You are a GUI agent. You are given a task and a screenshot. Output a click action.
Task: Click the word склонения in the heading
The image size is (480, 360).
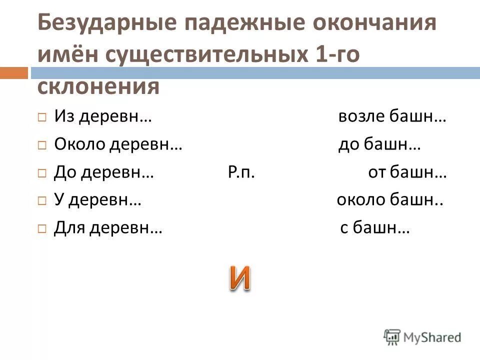point(98,86)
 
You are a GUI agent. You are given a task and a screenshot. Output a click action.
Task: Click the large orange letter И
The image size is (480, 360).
point(240,278)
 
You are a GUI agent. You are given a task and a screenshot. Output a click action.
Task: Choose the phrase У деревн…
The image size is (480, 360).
point(97,200)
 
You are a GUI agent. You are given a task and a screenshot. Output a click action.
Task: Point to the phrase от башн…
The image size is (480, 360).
point(407,173)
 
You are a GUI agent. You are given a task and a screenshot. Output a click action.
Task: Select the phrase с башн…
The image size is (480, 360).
point(375,228)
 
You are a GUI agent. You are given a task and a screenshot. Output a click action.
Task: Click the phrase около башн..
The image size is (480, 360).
point(390,200)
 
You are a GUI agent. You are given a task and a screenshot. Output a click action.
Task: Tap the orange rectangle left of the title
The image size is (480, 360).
point(13,72)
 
